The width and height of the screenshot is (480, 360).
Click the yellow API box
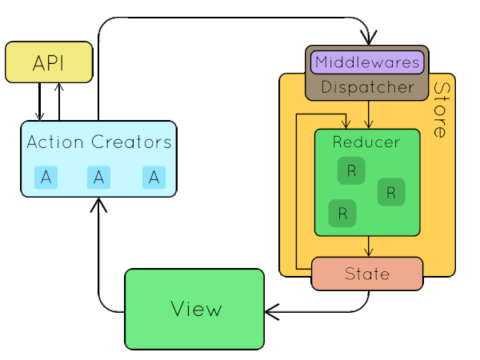click(49, 62)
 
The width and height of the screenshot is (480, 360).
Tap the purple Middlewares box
click(367, 62)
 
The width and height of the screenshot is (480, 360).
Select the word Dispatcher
click(368, 87)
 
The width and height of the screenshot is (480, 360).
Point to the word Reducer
click(366, 142)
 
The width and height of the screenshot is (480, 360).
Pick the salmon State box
click(367, 274)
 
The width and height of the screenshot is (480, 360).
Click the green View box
click(194, 309)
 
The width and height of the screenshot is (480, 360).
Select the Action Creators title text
click(99, 142)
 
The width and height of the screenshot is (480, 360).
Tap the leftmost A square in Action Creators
click(46, 178)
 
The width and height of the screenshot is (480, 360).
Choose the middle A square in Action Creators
click(98, 178)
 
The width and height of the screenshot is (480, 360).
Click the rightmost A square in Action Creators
click(154, 178)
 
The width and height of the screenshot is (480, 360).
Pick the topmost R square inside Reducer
click(351, 170)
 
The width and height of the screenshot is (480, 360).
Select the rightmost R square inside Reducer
click(391, 192)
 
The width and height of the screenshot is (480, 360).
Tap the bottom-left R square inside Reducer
click(342, 214)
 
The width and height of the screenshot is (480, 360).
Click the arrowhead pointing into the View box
click(272, 312)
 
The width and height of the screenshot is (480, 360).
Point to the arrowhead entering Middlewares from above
click(369, 38)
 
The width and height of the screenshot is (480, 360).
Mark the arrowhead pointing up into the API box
click(59, 87)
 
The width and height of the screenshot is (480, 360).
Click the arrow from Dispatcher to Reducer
click(369, 114)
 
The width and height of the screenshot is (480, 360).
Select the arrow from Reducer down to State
click(369, 246)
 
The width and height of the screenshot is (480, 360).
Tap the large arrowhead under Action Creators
click(98, 205)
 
